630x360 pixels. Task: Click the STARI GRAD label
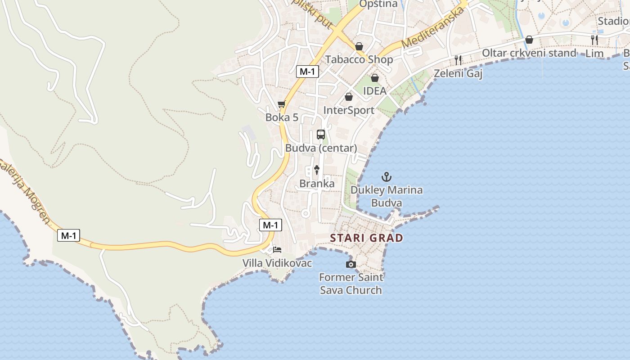coord(366,238)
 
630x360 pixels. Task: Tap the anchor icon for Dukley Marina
coord(387,177)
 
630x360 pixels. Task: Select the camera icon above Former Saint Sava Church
coord(351,264)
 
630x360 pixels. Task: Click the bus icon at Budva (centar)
coord(321,134)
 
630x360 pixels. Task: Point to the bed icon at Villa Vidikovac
coord(277,249)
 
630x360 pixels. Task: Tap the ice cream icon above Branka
coord(317,170)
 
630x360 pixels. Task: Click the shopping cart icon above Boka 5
coord(282,104)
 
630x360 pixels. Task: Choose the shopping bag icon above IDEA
coord(374,78)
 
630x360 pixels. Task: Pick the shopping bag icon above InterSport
coord(349,97)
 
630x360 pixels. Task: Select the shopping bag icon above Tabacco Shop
coord(359,46)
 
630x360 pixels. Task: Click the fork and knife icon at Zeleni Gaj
coord(458,60)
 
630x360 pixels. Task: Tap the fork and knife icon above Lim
coord(594,40)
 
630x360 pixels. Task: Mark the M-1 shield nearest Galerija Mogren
coord(68,235)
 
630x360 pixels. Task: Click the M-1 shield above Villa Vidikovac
coord(271,225)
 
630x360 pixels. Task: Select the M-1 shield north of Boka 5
coord(308,71)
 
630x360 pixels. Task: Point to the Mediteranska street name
coord(432,28)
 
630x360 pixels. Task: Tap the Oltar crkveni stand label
coord(529,53)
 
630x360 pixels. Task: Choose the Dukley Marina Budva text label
coord(387,196)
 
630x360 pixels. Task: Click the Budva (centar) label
coord(321,148)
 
